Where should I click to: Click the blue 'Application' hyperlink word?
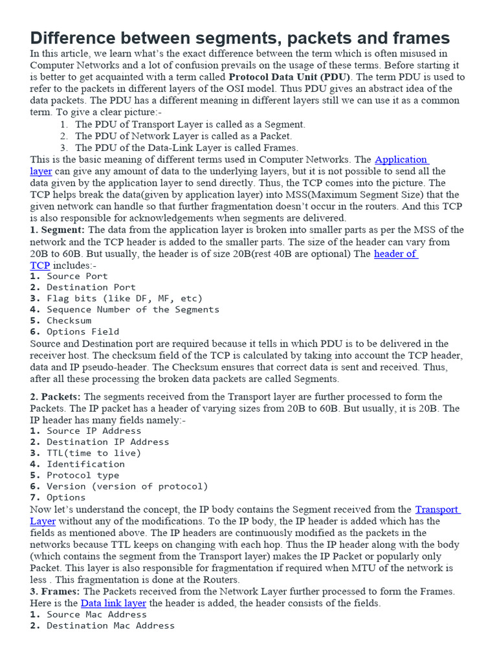coord(401,159)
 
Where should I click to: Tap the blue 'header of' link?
coord(395,254)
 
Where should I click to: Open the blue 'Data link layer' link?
coord(113,603)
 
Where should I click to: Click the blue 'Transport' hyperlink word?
coord(437,510)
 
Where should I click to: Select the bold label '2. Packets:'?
coord(56,396)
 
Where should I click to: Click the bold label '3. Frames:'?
coord(55,591)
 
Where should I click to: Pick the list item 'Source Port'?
coord(77,276)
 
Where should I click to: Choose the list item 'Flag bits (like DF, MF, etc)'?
coord(124,298)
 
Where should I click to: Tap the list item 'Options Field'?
coord(83,331)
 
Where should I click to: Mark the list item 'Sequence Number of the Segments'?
coord(133,309)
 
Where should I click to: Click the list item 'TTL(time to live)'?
coord(93,453)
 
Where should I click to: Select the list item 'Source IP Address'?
coord(93,431)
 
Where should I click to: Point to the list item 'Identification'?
coord(85,464)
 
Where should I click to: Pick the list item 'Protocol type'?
coord(83,475)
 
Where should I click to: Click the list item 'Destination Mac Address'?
coord(110,625)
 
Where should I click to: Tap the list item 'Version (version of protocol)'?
coord(127,486)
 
